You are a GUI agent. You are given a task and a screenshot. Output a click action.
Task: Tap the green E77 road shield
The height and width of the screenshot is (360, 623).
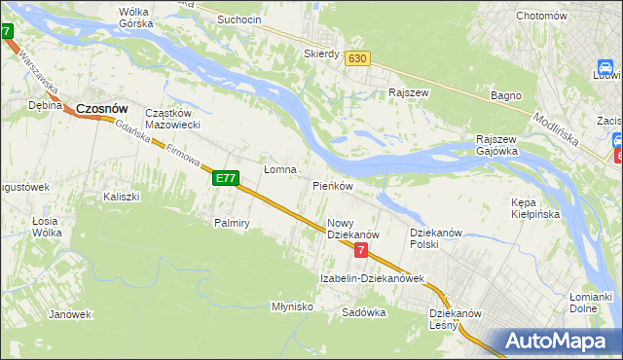tap(225, 178)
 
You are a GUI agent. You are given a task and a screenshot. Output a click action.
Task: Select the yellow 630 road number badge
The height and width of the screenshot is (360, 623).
tap(357, 58)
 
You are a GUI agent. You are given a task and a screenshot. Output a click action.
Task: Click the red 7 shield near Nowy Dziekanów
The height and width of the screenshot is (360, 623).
tap(361, 251)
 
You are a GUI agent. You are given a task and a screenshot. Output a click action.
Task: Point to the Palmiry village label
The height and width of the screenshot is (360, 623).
tap(233, 223)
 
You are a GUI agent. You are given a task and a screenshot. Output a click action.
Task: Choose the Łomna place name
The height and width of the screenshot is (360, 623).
tap(280, 169)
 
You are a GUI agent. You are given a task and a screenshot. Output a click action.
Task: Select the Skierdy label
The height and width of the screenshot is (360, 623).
tap(321, 54)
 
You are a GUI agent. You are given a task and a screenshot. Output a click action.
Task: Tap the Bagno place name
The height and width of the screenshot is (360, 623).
tap(506, 95)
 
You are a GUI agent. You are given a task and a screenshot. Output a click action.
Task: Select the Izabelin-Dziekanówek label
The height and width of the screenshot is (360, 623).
tap(373, 278)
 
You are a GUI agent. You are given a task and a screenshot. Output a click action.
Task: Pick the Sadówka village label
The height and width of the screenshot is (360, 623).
tap(364, 313)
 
